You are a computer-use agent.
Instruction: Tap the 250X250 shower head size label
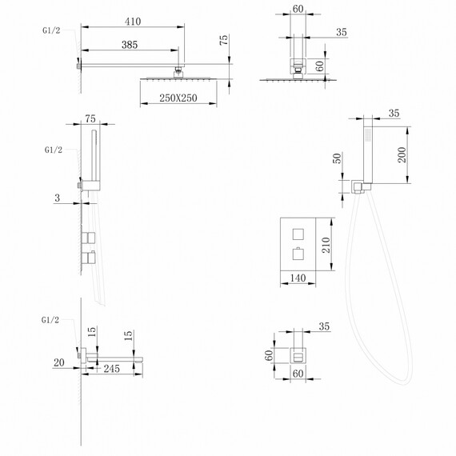(x=178, y=98)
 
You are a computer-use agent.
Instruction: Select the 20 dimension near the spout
(x=58, y=362)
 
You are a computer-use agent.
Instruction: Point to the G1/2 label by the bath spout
(x=50, y=319)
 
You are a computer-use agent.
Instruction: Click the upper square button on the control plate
(x=298, y=234)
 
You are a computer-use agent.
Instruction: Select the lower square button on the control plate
(x=298, y=255)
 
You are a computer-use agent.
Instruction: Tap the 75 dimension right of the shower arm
(x=225, y=38)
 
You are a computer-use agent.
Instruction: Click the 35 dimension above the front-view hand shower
(x=394, y=114)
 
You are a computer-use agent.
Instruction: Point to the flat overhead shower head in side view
(x=182, y=78)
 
